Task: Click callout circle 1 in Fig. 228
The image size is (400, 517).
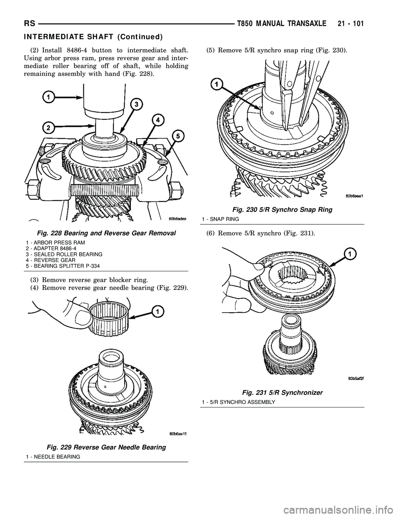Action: tap(48, 97)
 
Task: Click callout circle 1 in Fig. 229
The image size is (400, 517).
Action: tap(157, 311)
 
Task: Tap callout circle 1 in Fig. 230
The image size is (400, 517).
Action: tap(216, 85)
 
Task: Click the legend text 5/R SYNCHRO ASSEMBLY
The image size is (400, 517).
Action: tap(237, 402)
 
